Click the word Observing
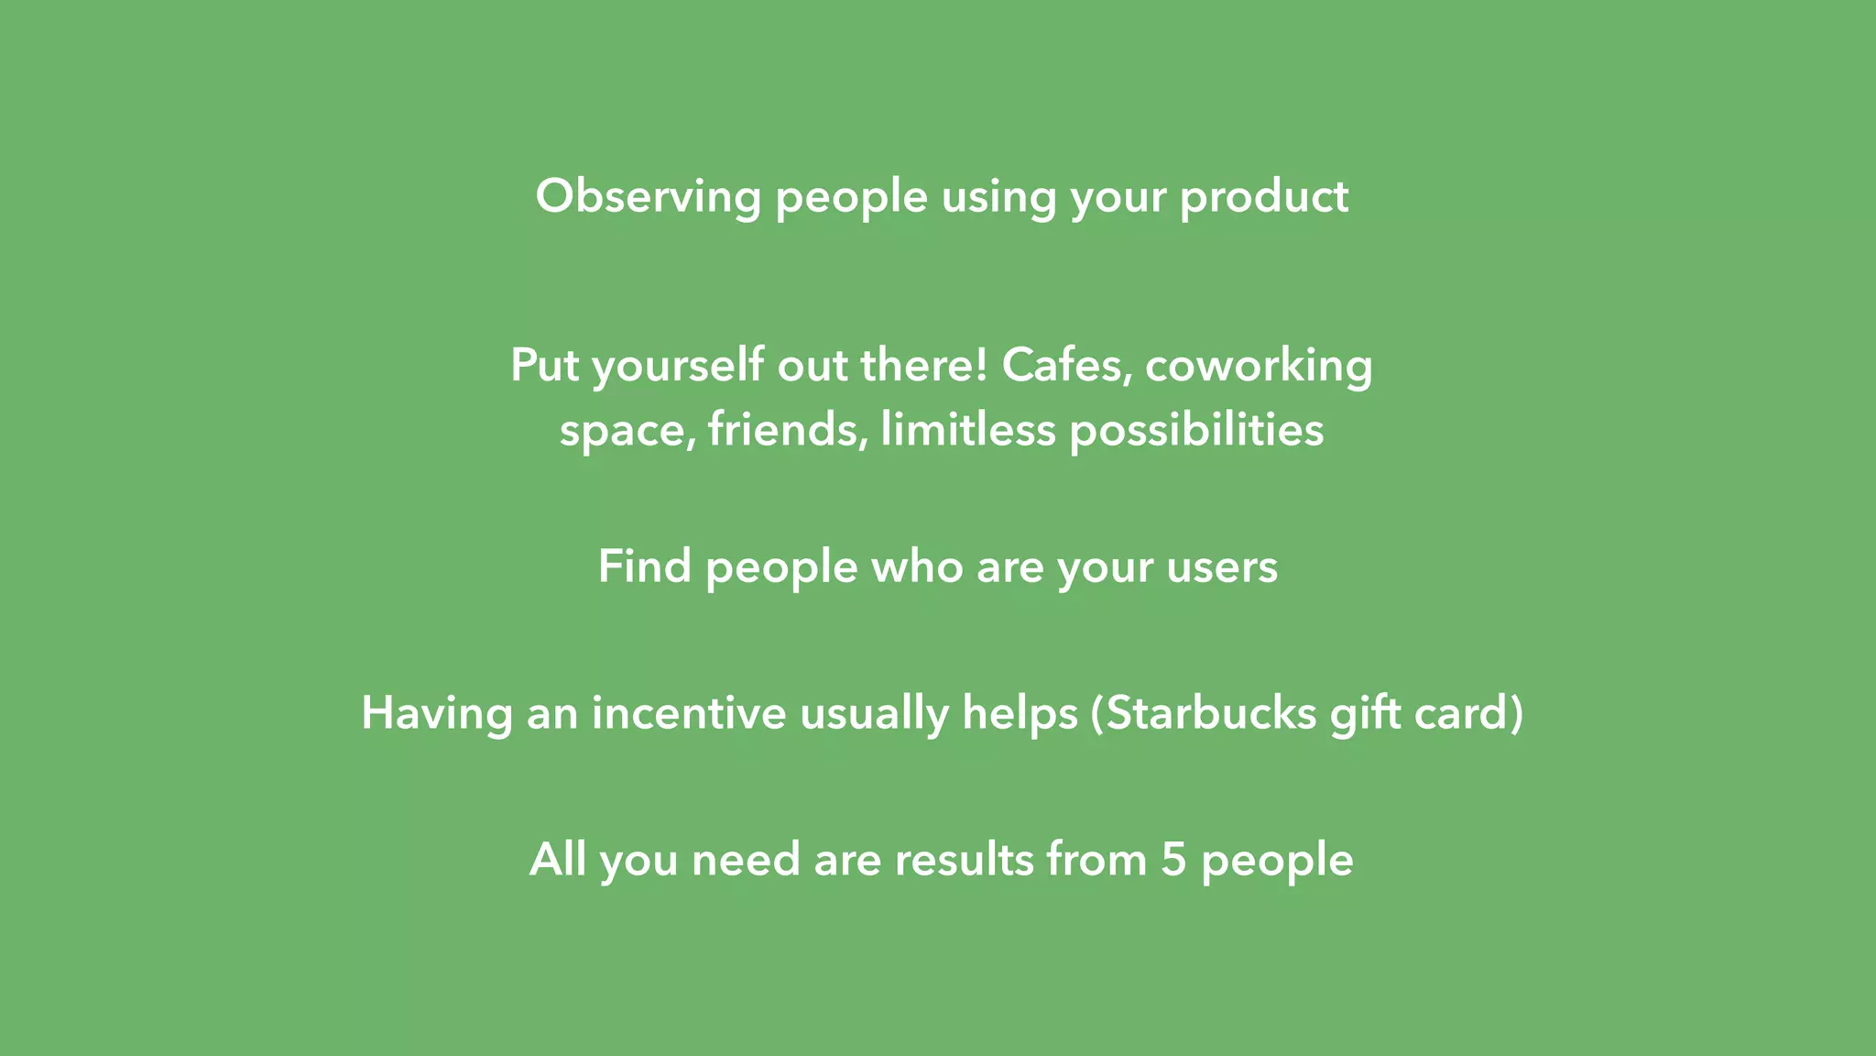tap(648, 197)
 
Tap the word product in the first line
tap(1263, 197)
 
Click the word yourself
tap(678, 366)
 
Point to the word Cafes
tap(1063, 366)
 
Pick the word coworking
tap(1259, 366)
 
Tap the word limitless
tap(967, 429)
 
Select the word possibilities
tap(1196, 429)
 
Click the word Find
tap(644, 566)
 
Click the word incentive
tap(689, 713)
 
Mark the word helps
tap(1020, 713)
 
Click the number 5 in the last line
tap(1173, 860)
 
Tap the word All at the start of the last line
tap(557, 860)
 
